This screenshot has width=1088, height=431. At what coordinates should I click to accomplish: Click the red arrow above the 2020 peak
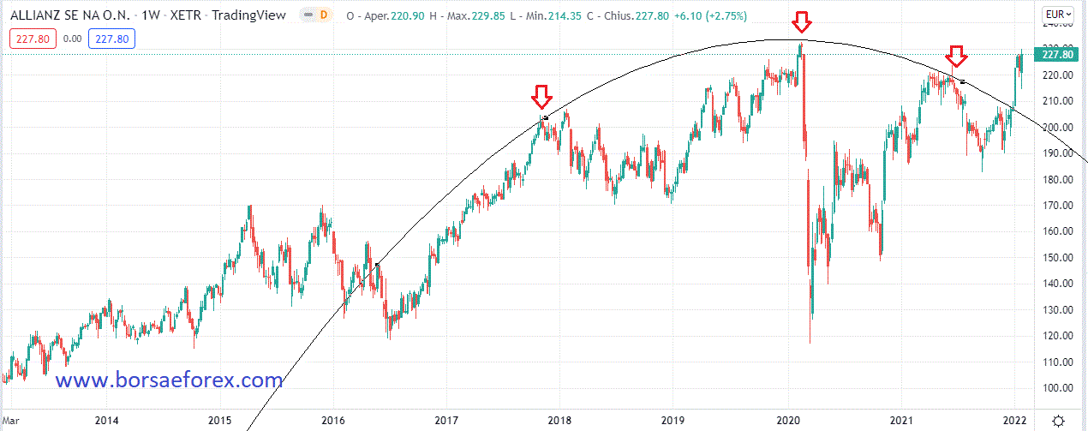[x=800, y=22]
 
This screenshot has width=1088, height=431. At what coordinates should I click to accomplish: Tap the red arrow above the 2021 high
[x=957, y=57]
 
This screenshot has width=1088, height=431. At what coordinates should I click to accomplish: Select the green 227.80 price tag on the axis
[x=1054, y=55]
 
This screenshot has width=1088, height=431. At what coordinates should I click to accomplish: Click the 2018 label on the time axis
[x=559, y=420]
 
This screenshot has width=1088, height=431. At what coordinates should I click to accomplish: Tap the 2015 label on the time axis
[x=219, y=420]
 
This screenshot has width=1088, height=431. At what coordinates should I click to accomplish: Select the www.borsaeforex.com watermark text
[x=169, y=379]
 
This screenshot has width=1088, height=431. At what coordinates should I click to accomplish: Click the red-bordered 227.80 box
[x=30, y=39]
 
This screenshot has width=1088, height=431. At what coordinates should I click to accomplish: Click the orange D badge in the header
[x=324, y=15]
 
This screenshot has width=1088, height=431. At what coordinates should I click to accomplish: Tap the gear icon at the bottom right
[x=1059, y=420]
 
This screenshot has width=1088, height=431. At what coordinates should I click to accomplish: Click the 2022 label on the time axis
[x=1014, y=420]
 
